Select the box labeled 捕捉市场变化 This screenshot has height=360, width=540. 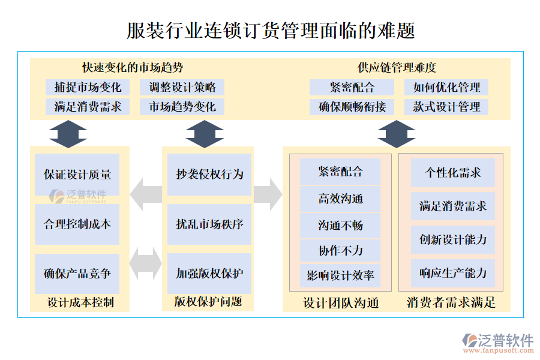[x=88, y=88]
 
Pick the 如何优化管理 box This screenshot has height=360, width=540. [x=446, y=88]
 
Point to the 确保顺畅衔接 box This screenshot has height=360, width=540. [x=352, y=107]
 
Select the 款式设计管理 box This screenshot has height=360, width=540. [x=446, y=107]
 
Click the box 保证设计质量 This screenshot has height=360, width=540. [x=77, y=175]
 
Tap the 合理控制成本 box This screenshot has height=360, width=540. [x=77, y=224]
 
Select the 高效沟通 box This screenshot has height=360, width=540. [x=340, y=199]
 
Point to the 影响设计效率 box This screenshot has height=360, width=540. [x=340, y=275]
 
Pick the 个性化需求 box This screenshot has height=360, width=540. [x=453, y=173]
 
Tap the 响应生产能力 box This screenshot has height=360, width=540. [x=453, y=274]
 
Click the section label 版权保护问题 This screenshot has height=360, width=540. [x=208, y=302]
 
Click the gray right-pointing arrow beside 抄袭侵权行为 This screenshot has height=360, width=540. [x=268, y=194]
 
